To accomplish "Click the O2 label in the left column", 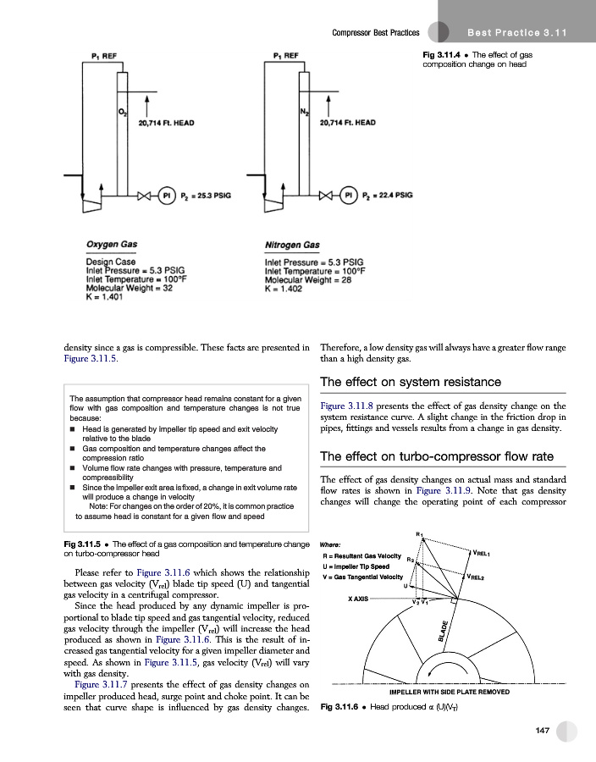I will point(121,112).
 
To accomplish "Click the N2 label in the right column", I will point(304,112).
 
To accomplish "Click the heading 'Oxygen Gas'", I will point(112,245).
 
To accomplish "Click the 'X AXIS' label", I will point(362,598).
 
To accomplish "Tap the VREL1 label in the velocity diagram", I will point(486,554).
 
